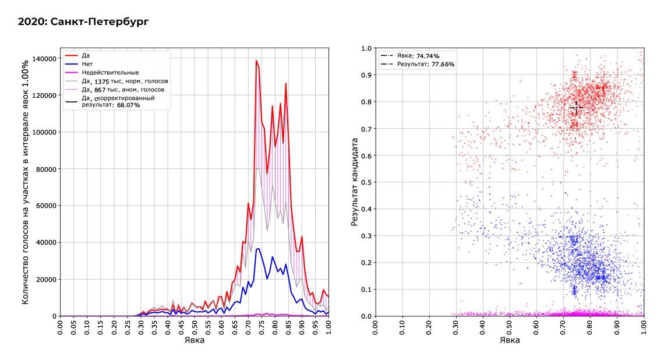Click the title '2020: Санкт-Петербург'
[83, 22]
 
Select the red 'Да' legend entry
[85, 55]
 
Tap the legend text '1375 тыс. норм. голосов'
[131, 81]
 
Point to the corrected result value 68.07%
[128, 105]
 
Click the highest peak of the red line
[256, 61]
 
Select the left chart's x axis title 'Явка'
[195, 340]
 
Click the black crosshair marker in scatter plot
[576, 108]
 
